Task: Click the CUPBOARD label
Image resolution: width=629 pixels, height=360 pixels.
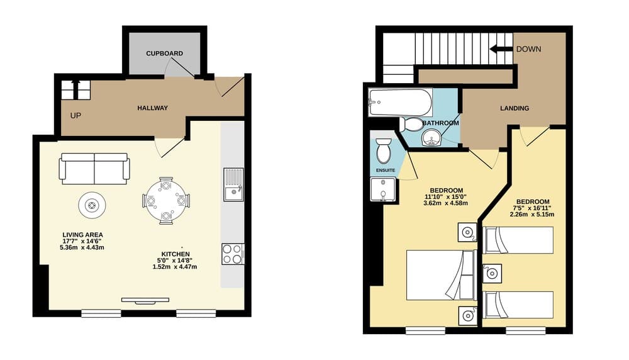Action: click(x=164, y=53)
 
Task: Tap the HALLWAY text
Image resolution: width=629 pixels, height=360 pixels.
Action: click(x=152, y=108)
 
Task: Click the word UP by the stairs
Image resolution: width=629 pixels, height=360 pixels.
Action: click(x=75, y=116)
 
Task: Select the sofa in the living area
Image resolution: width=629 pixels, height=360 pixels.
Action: click(x=94, y=167)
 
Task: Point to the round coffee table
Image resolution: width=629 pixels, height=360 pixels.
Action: click(x=92, y=205)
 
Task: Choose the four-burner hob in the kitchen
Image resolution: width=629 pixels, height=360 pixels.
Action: click(x=233, y=254)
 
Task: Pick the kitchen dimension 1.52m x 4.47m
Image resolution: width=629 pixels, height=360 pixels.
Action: click(x=175, y=267)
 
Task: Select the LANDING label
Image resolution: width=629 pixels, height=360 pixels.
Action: click(x=515, y=108)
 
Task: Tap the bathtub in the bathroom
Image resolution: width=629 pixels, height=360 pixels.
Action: click(x=401, y=101)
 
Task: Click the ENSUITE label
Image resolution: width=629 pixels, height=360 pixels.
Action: click(x=386, y=170)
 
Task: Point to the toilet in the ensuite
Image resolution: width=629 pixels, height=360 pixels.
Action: click(x=383, y=152)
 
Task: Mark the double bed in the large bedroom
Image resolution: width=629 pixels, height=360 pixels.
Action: click(x=440, y=275)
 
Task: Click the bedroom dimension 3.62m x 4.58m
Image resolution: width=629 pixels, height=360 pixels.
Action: click(x=447, y=204)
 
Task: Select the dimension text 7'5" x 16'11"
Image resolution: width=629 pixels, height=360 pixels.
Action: click(x=532, y=207)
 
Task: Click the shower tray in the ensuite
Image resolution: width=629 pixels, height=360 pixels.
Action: click(x=383, y=190)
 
